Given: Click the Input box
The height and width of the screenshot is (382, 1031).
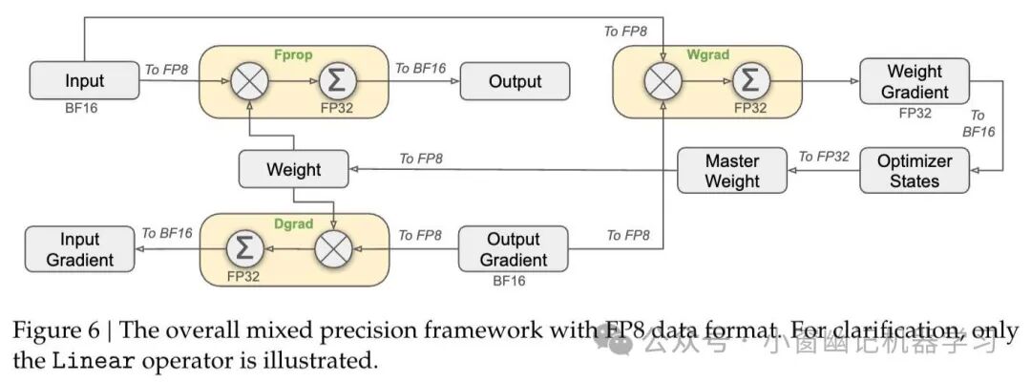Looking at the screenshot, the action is [84, 81].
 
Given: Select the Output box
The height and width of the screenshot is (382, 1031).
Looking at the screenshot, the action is [515, 81].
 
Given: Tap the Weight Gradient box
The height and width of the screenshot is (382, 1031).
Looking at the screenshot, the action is [915, 81].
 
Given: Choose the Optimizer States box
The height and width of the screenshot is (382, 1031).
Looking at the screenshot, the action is [915, 170].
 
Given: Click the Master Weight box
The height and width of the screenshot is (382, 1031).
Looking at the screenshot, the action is [732, 170].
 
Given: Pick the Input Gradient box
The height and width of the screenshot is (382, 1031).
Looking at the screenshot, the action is [80, 249].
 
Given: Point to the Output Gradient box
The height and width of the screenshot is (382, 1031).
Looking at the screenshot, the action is [513, 249].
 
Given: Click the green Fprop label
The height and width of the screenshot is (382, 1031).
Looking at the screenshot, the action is [293, 53].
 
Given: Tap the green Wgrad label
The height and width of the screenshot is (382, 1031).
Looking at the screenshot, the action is [707, 54].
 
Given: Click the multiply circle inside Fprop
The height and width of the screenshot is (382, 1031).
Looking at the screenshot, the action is [249, 81].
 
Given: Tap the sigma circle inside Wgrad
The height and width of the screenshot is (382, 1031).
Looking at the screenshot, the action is [749, 81].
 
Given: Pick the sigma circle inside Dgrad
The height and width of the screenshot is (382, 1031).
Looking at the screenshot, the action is [244, 249].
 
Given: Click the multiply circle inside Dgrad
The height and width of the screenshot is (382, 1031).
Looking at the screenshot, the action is [333, 249].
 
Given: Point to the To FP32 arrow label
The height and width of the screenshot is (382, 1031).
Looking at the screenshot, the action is [824, 157].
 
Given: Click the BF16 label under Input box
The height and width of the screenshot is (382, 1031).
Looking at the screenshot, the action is [80, 108].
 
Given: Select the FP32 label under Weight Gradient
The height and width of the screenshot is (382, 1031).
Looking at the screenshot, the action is [915, 113].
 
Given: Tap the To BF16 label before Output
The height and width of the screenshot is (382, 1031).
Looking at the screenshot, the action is [419, 68].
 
